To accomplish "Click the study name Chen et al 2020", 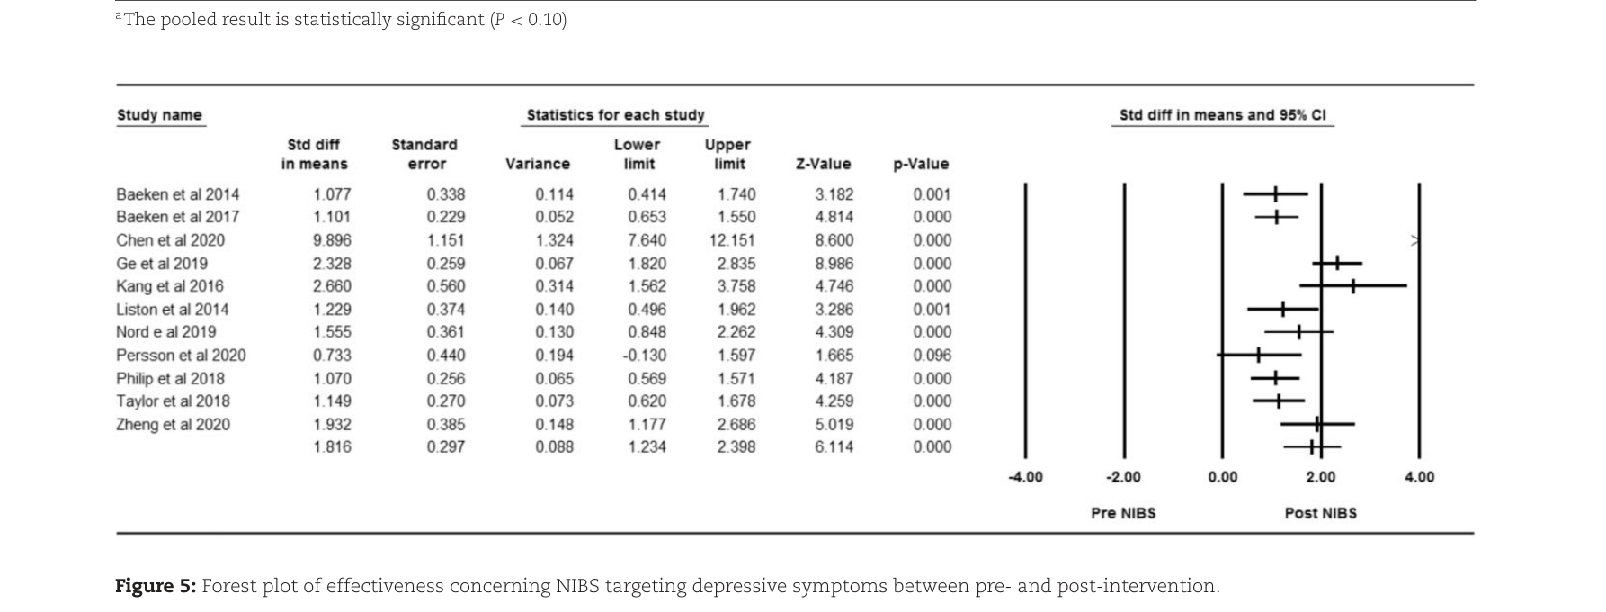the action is point(170,240).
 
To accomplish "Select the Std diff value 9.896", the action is point(332,240).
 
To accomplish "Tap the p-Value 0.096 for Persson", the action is point(932,355).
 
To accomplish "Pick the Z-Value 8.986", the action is point(834,264).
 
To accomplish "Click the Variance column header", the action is point(538,164).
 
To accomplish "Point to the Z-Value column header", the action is point(823,164).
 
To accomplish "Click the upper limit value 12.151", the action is point(732,240).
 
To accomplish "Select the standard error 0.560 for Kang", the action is point(446,286).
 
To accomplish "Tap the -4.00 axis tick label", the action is point(1025,477).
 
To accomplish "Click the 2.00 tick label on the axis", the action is point(1320,477).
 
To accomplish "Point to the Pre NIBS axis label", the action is point(1123,513).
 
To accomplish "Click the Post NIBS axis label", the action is point(1320,513).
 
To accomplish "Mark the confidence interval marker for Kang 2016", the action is point(1352,286).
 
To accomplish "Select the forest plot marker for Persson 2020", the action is point(1258,355).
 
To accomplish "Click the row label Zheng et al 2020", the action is point(173,425).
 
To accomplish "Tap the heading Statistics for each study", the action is point(616,115).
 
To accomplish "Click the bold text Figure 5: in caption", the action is point(156,587).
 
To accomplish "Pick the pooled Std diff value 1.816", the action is point(332,447).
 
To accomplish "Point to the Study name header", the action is point(159,115).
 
